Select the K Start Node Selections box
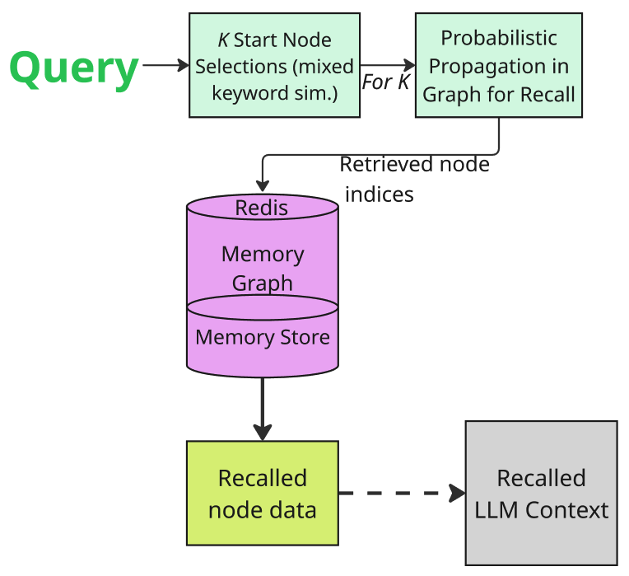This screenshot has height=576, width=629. click(274, 66)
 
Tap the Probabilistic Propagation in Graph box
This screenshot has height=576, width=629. click(498, 66)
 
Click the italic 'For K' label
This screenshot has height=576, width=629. click(385, 83)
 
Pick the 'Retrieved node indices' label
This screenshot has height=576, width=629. click(414, 178)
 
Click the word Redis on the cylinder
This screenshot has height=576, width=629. click(262, 208)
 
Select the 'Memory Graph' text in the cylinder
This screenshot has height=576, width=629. click(263, 269)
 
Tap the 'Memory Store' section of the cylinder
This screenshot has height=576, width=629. click(263, 337)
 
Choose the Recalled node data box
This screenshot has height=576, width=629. click(262, 493)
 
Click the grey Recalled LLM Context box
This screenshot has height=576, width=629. click(541, 493)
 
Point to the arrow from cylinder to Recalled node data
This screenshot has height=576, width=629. click(263, 408)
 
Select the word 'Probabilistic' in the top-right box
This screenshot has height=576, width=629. click(499, 38)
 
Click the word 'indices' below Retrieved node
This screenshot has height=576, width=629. click(379, 194)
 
